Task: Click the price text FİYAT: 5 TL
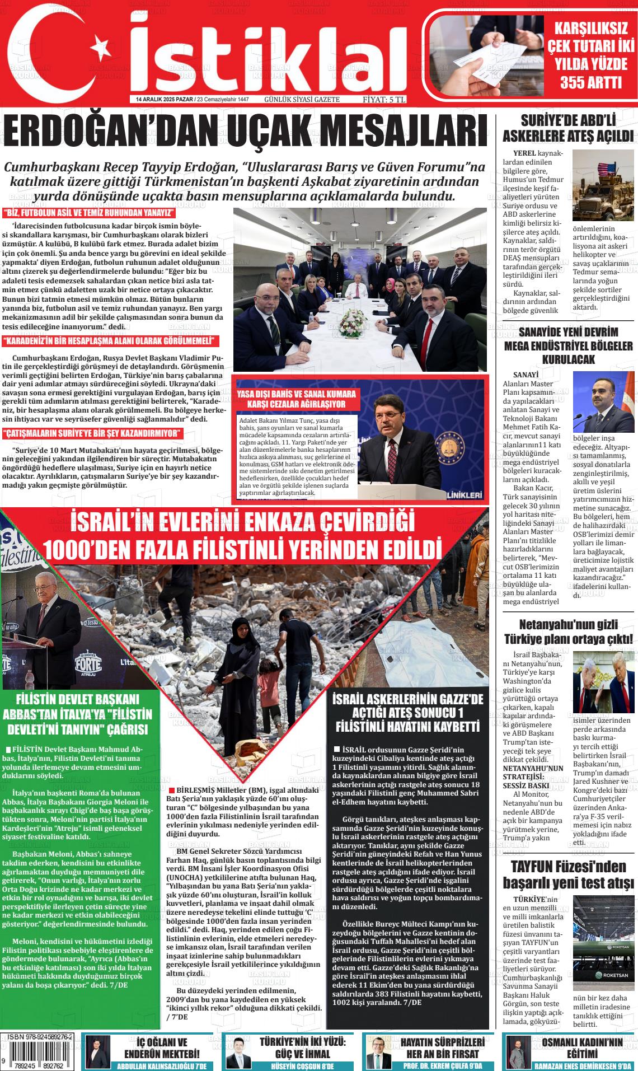[383, 100]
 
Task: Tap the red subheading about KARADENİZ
[110, 342]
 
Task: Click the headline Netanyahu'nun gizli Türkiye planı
[568, 631]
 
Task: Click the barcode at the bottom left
[40, 1056]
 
